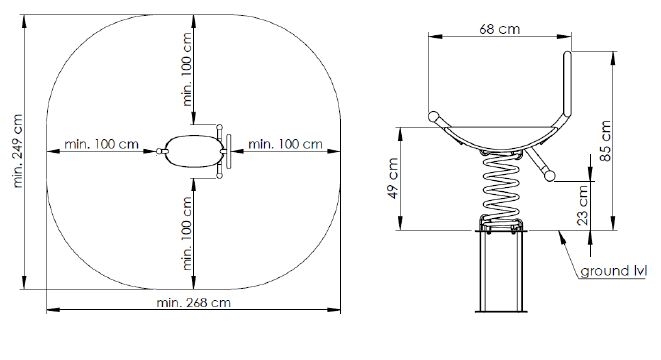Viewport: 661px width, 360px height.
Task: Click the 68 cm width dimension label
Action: [500, 29]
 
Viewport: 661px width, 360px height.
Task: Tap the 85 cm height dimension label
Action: [605, 141]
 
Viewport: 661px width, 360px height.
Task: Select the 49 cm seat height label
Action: [392, 178]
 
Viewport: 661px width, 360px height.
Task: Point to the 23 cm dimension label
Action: [582, 205]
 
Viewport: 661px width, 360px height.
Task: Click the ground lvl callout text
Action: [613, 271]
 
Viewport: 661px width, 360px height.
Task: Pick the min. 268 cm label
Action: [193, 302]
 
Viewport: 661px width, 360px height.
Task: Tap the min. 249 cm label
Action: [17, 151]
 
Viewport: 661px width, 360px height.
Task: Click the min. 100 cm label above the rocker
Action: [187, 70]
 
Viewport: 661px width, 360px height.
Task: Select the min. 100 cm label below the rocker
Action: [187, 234]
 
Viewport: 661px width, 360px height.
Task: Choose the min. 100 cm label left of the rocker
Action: [102, 144]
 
